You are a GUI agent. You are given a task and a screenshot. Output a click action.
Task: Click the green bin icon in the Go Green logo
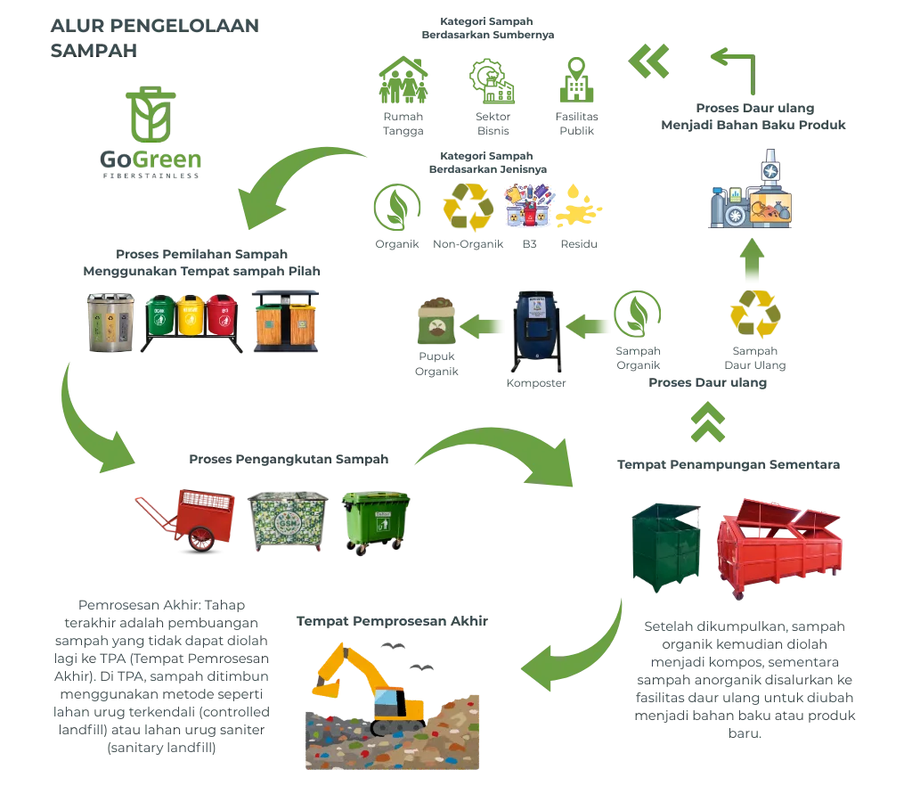[x=151, y=116]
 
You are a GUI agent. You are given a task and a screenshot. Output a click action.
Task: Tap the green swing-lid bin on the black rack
[x=161, y=315]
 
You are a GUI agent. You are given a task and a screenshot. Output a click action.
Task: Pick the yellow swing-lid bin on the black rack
[x=191, y=315]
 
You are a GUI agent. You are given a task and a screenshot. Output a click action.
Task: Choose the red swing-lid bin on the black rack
[x=222, y=315]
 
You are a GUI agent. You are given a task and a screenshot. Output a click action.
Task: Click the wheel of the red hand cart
[x=202, y=537]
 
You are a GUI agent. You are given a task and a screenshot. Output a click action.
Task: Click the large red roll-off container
[x=774, y=548]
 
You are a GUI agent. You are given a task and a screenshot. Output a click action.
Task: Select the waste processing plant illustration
[x=753, y=196]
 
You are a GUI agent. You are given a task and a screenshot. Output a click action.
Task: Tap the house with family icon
[x=404, y=82]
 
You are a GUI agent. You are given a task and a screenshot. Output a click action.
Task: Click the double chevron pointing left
[x=647, y=62]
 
